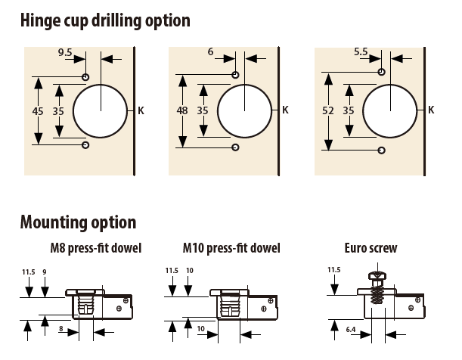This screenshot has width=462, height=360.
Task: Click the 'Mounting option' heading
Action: [x=78, y=222]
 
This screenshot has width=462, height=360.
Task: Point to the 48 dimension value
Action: [x=181, y=110]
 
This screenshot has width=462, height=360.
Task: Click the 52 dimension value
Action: [x=327, y=110]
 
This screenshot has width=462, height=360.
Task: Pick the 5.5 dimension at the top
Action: [x=361, y=52]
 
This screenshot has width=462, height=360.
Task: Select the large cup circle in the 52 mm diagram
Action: [x=390, y=110]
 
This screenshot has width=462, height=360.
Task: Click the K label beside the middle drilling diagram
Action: [x=285, y=110]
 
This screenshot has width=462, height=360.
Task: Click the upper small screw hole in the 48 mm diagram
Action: [x=236, y=74]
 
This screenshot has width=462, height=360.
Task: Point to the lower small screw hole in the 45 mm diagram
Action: [x=85, y=144]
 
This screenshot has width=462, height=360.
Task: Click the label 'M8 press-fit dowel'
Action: [x=95, y=248]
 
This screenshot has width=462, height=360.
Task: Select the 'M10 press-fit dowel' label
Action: [x=231, y=248]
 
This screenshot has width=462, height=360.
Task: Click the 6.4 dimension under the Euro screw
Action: [x=350, y=329]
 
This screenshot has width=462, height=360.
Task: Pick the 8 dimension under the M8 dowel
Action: [x=60, y=329]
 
